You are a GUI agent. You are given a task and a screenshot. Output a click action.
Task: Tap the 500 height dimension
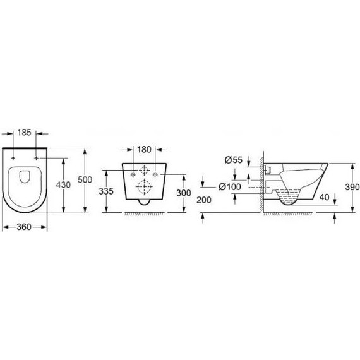coord(93,180)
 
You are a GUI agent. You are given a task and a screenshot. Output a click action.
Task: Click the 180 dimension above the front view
coord(145,150)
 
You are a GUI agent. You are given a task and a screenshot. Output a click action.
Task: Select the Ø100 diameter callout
coord(232,188)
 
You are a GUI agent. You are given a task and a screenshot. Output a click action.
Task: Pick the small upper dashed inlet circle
coord(145,170)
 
